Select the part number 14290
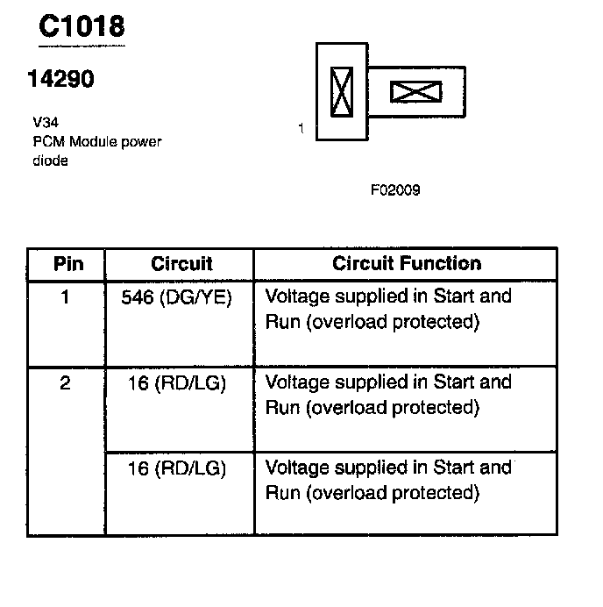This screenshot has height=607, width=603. (60, 79)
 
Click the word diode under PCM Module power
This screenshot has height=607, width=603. (50, 161)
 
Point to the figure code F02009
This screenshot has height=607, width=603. (395, 189)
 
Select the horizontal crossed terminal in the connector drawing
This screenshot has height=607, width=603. (415, 92)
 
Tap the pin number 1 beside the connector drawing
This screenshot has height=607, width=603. (301, 128)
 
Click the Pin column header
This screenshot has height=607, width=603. (67, 263)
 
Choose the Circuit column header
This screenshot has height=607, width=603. (181, 263)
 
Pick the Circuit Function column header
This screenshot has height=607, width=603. (407, 263)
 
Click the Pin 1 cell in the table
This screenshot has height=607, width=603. (66, 297)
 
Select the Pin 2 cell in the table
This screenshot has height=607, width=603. (66, 383)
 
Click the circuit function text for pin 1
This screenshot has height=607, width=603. (387, 309)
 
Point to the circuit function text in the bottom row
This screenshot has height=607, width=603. (387, 481)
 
